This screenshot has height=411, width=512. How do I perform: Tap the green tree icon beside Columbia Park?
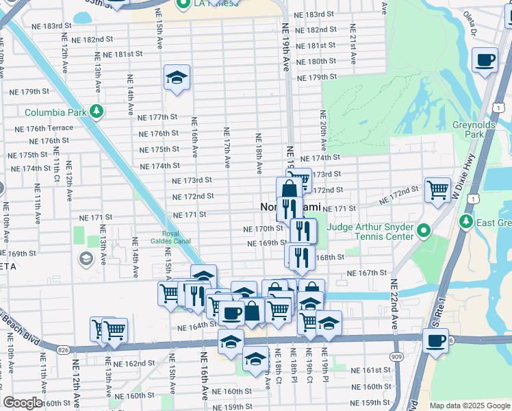[97, 111]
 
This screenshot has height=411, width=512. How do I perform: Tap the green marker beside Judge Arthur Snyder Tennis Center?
[424, 232]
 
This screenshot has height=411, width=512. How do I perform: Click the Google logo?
[23, 402]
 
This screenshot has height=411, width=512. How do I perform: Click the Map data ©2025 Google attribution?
[469, 406]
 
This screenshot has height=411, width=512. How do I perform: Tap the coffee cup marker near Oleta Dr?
[485, 60]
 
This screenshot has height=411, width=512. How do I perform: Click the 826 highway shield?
[63, 349]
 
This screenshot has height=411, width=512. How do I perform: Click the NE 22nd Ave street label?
[394, 303]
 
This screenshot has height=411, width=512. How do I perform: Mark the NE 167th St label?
[367, 273]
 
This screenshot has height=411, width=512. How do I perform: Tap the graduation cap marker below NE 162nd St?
[255, 358]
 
